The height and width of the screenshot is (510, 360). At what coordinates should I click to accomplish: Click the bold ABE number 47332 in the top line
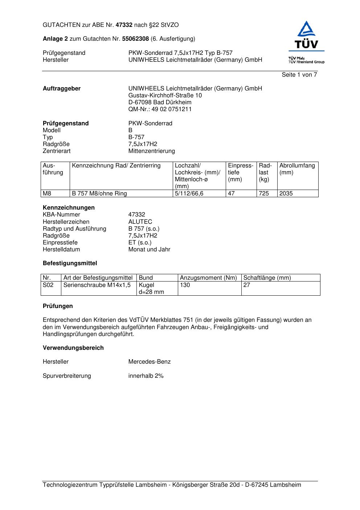coord(124,25)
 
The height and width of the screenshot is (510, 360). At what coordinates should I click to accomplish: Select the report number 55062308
coord(135,39)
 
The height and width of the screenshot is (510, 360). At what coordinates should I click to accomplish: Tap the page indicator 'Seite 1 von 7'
coord(299,75)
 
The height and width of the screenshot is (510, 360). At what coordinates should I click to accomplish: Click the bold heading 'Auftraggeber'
coord(62,89)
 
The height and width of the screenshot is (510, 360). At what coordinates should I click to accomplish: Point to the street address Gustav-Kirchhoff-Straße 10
coord(165,96)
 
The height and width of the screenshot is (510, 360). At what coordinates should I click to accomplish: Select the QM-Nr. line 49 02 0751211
coord(160,109)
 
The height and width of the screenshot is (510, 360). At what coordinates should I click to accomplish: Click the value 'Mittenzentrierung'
coord(151,151)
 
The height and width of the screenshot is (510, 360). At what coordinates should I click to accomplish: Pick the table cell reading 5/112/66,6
coord(189,194)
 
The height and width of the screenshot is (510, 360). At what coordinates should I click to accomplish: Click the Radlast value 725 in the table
coord(264,194)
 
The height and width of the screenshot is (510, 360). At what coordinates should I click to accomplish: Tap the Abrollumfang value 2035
coord(286,194)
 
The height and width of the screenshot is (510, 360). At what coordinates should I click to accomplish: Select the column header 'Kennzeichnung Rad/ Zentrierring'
coord(116,166)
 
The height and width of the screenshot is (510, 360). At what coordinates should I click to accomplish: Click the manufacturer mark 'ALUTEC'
coord(140,222)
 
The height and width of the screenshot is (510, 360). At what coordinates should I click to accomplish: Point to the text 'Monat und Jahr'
coord(149,250)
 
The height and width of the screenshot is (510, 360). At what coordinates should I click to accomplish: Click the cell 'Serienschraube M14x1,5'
coord(97,285)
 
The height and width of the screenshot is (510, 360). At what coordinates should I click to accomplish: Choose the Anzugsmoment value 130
coord(185,285)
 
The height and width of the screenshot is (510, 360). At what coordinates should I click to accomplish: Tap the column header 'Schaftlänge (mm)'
coord(267,278)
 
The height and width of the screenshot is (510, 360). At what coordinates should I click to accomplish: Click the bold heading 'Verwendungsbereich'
coord(73,348)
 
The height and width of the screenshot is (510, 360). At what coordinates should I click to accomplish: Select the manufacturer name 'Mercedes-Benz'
coord(149,362)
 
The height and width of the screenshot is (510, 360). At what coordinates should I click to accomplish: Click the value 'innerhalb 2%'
coord(146,376)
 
